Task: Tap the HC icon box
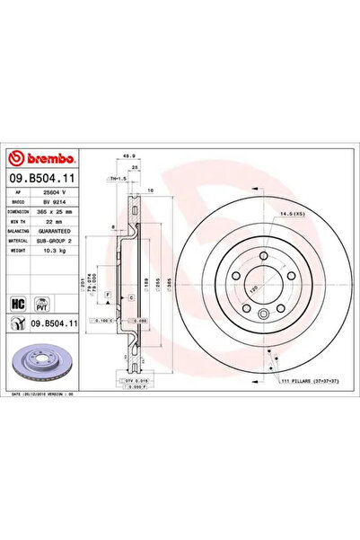point(16,302)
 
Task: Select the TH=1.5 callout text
point(119,181)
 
